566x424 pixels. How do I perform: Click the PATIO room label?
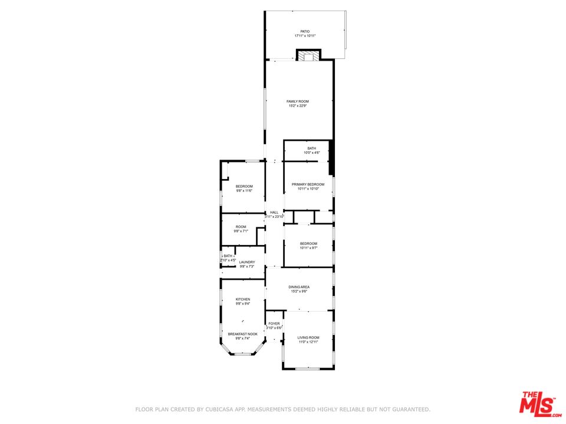[x=305, y=31]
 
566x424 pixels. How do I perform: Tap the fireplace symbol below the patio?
[x=308, y=56]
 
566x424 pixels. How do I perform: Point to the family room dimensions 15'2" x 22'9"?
[x=298, y=106]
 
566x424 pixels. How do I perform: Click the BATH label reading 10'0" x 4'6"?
[x=311, y=148]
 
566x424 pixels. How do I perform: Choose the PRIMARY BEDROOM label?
[x=308, y=184]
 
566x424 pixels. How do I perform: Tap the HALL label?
[x=274, y=213]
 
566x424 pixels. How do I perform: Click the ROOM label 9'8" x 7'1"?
[x=241, y=227]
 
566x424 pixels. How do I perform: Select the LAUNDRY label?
[x=247, y=262]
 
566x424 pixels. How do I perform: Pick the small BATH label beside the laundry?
[x=228, y=256]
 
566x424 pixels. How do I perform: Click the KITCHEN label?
[x=243, y=299]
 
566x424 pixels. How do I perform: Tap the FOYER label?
[x=274, y=323]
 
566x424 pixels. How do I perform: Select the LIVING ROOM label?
[x=308, y=337]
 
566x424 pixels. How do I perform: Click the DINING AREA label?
[x=300, y=287]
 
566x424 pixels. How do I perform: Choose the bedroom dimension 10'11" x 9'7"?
[x=308, y=249]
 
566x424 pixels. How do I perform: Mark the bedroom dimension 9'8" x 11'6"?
[x=244, y=191]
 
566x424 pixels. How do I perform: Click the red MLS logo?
[x=538, y=403]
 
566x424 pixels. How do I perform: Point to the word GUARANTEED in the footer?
[x=409, y=409]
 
